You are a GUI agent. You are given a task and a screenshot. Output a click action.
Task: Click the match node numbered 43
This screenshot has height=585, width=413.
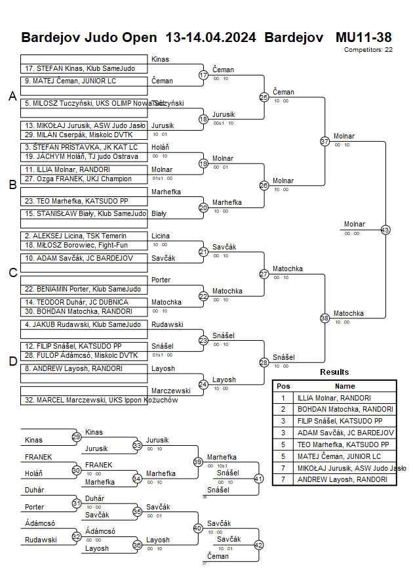[385, 230]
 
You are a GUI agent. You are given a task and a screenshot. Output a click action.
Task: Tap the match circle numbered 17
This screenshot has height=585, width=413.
[203, 76]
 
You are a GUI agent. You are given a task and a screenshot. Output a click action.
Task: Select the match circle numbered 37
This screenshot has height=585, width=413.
[324, 141]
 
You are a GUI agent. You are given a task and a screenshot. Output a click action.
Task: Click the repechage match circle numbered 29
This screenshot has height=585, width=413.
[76, 437]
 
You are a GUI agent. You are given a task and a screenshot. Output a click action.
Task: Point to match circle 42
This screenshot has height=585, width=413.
[258, 544]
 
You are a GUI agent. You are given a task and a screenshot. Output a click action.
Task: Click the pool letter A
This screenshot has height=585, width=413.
[12, 97]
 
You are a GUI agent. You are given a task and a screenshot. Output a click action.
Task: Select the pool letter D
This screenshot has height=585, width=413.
[12, 360]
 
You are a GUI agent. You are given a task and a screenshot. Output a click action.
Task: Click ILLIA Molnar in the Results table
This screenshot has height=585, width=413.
[334, 397]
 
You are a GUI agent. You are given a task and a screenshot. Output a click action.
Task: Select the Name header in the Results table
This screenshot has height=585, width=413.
[345, 386]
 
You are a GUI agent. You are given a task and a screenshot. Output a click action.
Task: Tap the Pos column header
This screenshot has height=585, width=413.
[283, 386]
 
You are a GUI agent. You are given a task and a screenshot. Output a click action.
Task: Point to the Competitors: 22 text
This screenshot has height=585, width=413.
[368, 49]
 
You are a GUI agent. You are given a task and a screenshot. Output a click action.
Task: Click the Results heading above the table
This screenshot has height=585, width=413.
[334, 372]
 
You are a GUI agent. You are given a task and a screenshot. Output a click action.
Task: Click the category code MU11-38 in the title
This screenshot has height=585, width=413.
[363, 37]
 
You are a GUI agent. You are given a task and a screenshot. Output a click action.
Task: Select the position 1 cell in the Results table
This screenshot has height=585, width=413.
[283, 397]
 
